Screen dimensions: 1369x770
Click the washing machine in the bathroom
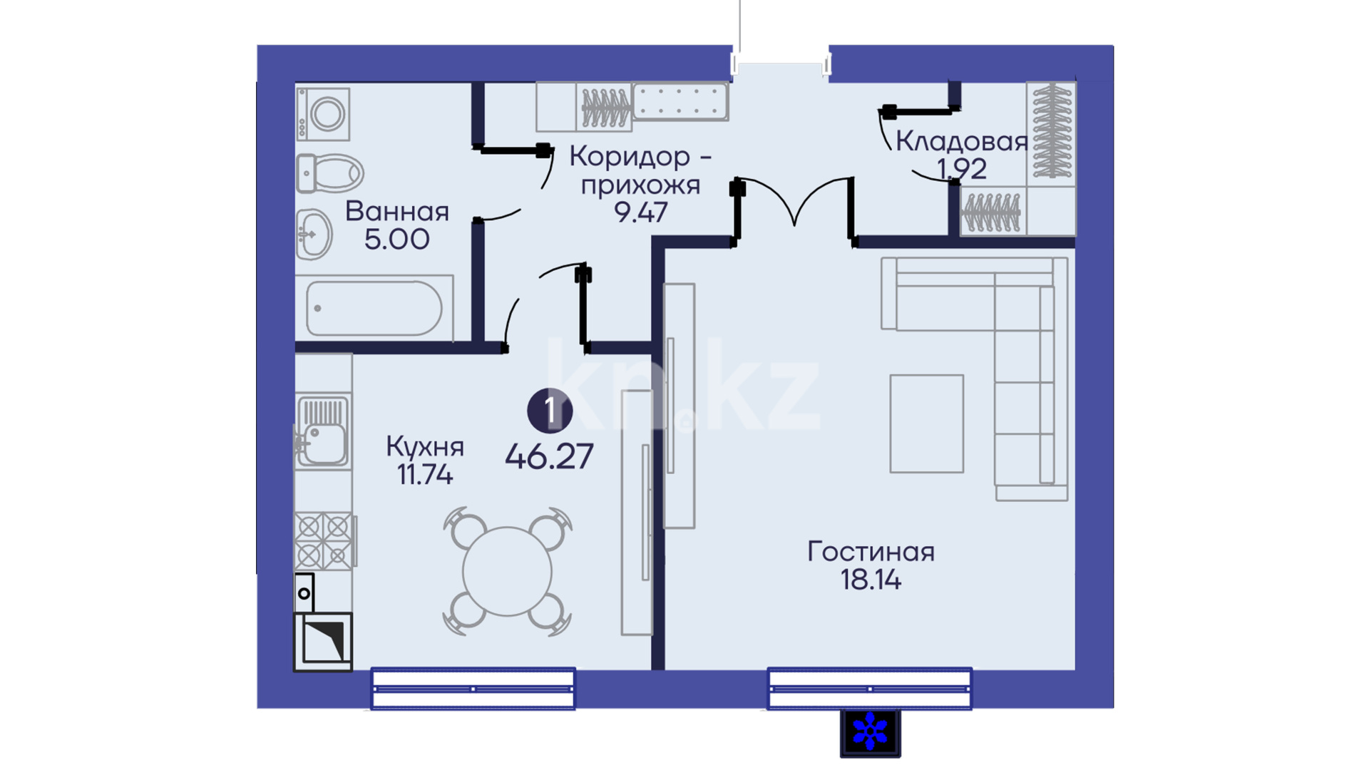[x=323, y=114]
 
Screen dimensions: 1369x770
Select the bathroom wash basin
[x=314, y=234]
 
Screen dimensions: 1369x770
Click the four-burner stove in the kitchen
[x=324, y=540]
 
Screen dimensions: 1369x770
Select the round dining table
[x=507, y=571]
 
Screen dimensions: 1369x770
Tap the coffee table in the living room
[x=926, y=423]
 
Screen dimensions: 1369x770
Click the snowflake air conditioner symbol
[x=870, y=732]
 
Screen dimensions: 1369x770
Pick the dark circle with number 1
[x=550, y=411]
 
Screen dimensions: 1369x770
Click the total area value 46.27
[x=549, y=457]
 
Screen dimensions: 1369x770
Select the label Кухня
[x=425, y=447]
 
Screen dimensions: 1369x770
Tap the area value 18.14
[x=871, y=580]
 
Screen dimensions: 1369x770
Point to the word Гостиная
[x=871, y=552]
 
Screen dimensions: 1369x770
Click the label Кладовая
[x=961, y=141]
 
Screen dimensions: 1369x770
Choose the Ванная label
[x=397, y=212]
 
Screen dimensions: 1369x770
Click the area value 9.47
[x=641, y=212]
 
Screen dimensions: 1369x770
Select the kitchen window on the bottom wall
[x=473, y=689]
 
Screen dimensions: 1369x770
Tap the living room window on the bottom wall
[x=869, y=689]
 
